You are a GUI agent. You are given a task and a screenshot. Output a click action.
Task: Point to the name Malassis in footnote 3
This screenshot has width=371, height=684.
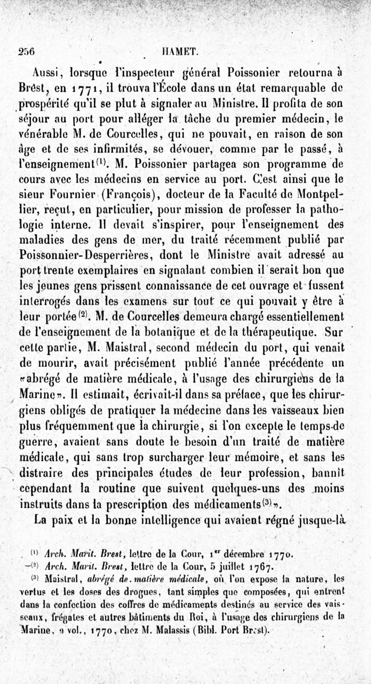tap(192, 630)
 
